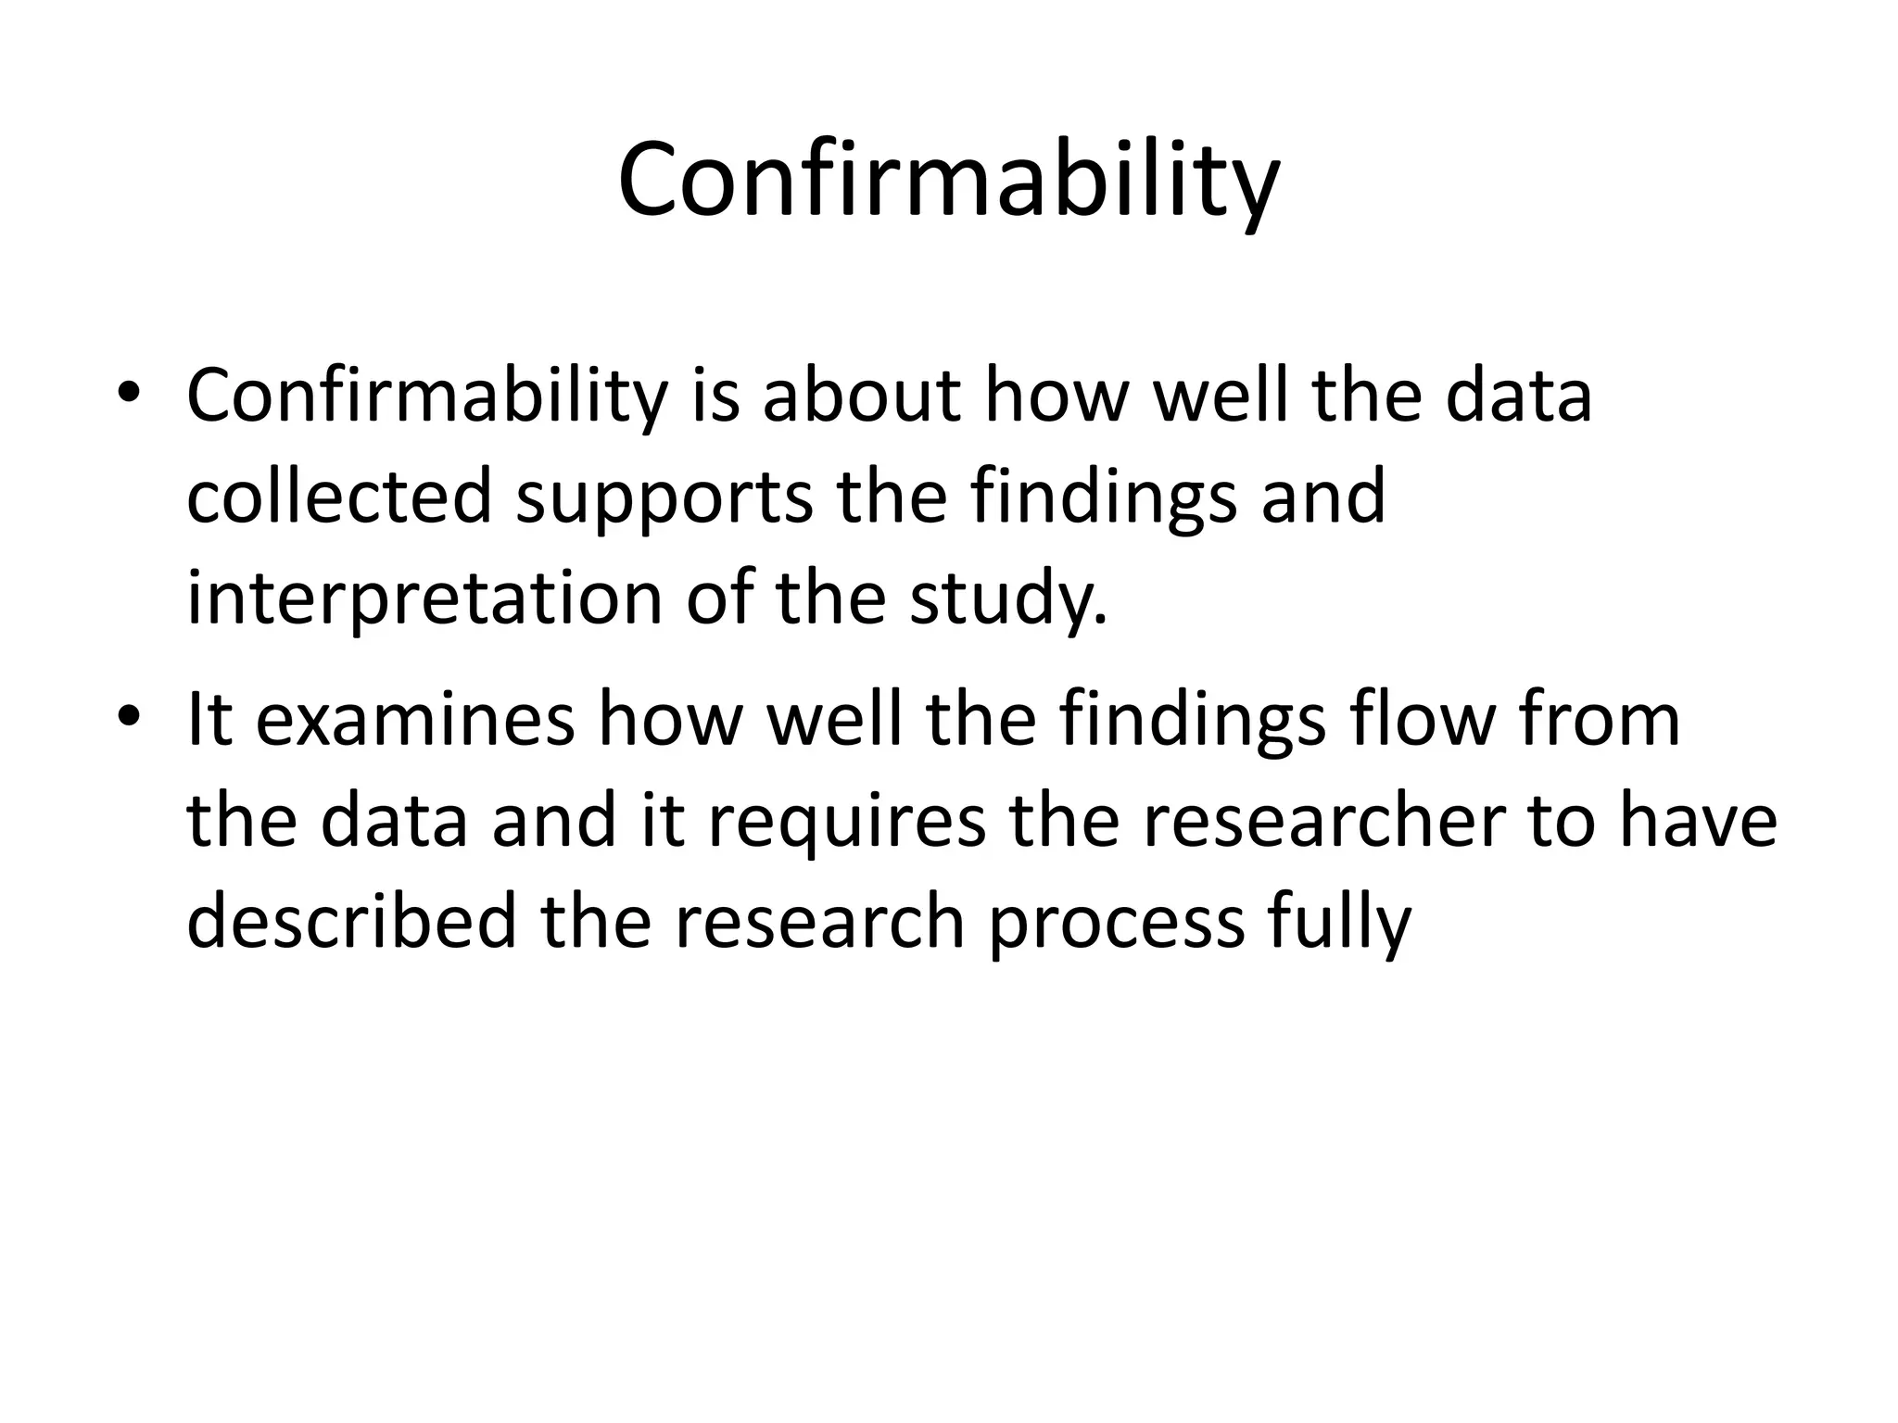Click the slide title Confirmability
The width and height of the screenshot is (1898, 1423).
click(x=948, y=181)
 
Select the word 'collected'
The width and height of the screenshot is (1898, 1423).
click(x=339, y=497)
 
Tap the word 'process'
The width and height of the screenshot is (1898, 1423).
click(x=1116, y=925)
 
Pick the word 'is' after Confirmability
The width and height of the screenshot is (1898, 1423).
click(x=715, y=397)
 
